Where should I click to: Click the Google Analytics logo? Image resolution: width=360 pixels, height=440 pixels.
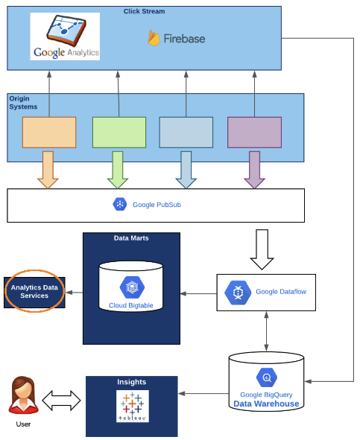(x=66, y=36)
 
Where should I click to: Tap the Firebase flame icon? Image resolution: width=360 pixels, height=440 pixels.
(x=154, y=38)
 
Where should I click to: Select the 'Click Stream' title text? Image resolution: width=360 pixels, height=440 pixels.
(x=145, y=11)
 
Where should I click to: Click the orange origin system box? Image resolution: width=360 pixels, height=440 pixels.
(x=48, y=133)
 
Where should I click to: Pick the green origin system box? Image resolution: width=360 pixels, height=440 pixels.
(x=119, y=133)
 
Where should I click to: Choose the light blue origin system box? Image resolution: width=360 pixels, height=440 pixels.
(x=186, y=133)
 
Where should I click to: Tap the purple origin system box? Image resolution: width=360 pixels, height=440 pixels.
(x=254, y=133)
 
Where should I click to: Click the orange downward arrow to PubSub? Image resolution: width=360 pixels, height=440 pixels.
(x=48, y=170)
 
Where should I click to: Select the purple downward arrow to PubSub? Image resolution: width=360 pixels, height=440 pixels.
(x=254, y=170)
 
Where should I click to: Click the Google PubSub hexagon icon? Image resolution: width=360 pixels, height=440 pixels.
(x=120, y=204)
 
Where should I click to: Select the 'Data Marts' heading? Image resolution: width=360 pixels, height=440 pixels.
(x=130, y=240)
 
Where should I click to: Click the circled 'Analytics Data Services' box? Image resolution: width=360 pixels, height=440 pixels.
(x=35, y=291)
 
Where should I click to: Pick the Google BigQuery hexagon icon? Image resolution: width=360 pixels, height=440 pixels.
(x=266, y=377)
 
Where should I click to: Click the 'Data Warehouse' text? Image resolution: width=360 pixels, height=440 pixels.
(x=266, y=404)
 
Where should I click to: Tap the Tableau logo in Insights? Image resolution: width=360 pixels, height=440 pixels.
(x=132, y=406)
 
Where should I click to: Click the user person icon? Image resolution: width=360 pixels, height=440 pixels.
(x=24, y=396)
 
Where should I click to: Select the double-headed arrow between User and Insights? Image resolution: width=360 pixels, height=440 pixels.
(x=61, y=402)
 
